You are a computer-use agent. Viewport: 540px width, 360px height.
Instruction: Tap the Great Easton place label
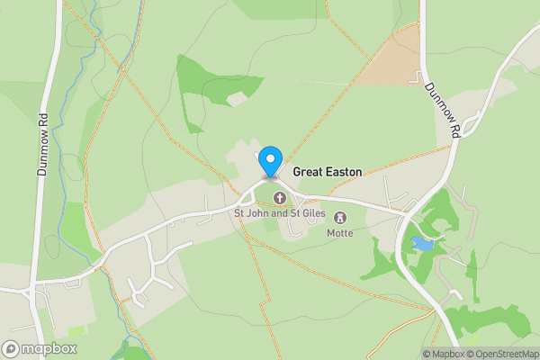click(x=327, y=171)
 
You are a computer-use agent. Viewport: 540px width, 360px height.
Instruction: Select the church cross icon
click(x=279, y=198)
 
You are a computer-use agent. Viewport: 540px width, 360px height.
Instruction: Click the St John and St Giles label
click(x=279, y=213)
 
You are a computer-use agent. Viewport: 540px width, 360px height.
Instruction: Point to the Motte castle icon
click(x=340, y=218)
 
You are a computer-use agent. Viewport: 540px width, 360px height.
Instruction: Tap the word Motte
click(x=340, y=233)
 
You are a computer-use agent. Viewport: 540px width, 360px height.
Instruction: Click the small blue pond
click(x=422, y=243)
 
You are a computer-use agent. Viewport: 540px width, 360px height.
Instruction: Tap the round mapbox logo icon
click(x=11, y=348)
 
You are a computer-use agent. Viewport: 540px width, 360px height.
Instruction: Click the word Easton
click(x=342, y=171)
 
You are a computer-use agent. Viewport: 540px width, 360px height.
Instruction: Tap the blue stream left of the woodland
click(x=85, y=99)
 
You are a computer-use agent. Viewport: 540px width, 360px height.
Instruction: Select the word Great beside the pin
click(x=308, y=171)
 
